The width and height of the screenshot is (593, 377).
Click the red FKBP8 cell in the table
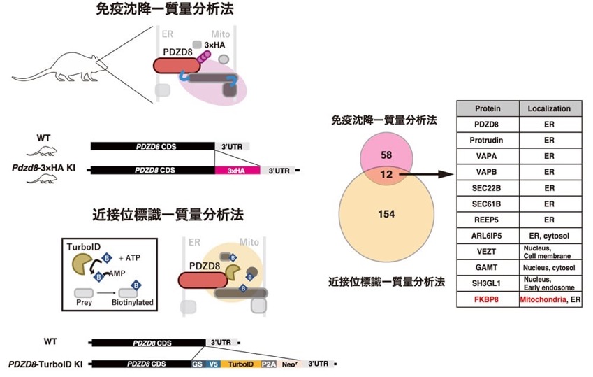pos(486,299)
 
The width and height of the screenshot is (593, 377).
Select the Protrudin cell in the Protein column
pos(486,140)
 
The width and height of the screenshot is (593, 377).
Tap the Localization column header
pos(549,108)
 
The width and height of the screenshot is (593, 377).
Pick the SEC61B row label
pos(486,204)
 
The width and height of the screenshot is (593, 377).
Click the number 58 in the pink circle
pos(386,155)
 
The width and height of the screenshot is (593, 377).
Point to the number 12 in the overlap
pos(386,174)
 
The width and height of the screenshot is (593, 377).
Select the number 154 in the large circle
pos(386,214)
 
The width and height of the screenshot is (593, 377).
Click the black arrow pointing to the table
pos(426,174)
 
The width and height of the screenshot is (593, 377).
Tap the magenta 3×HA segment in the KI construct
pos(237,171)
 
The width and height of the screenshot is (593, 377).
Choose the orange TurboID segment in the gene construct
pos(241,364)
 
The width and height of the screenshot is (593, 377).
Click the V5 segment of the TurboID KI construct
pos(213,364)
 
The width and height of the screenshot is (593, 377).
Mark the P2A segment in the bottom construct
pos(269,364)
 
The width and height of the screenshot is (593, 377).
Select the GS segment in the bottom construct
pos(198,364)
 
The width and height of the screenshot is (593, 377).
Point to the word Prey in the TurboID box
pos(84,302)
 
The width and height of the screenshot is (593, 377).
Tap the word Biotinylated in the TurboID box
pos(133,302)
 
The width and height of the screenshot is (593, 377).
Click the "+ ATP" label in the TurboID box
pos(129,258)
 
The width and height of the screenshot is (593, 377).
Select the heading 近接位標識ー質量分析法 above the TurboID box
pos(168,215)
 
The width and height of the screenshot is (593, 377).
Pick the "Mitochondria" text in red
pos(543,299)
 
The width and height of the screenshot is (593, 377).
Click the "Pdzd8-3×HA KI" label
pos(43,167)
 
